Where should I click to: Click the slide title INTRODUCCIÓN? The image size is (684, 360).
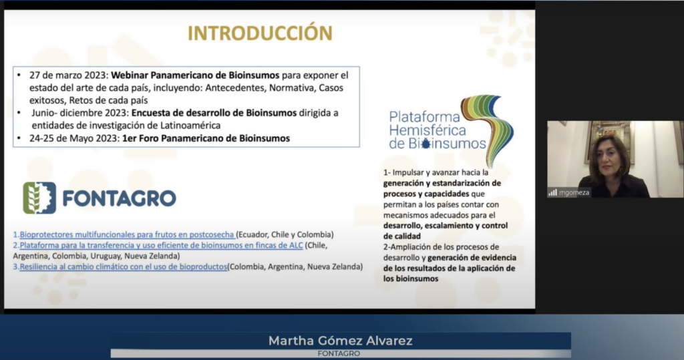pyautogui.click(x=260, y=33)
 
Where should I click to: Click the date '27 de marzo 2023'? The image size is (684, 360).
pyautogui.click(x=69, y=75)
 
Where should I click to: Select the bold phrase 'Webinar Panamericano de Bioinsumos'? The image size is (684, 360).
pyautogui.click(x=195, y=75)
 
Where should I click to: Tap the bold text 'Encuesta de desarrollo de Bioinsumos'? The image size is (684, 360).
pyautogui.click(x=214, y=113)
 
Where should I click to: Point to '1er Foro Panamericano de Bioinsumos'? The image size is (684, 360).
pyautogui.click(x=206, y=138)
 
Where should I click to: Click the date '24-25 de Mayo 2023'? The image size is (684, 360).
pyautogui.click(x=74, y=138)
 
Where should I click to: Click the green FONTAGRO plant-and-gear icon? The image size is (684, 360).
pyautogui.click(x=39, y=198)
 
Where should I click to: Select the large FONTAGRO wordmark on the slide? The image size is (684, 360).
pyautogui.click(x=119, y=198)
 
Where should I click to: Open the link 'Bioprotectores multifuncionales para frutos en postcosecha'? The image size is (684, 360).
pyautogui.click(x=126, y=234)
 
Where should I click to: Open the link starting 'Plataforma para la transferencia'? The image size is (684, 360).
pyautogui.click(x=161, y=245)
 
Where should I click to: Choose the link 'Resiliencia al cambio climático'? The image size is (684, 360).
pyautogui.click(x=123, y=266)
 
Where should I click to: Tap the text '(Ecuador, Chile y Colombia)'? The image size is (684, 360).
pyautogui.click(x=285, y=234)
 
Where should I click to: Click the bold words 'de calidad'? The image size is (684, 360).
pyautogui.click(x=401, y=236)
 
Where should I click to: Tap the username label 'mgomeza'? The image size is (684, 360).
pyautogui.click(x=574, y=192)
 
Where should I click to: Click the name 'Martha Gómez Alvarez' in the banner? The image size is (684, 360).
pyautogui.click(x=340, y=341)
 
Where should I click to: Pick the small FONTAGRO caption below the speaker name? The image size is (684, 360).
pyautogui.click(x=339, y=353)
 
